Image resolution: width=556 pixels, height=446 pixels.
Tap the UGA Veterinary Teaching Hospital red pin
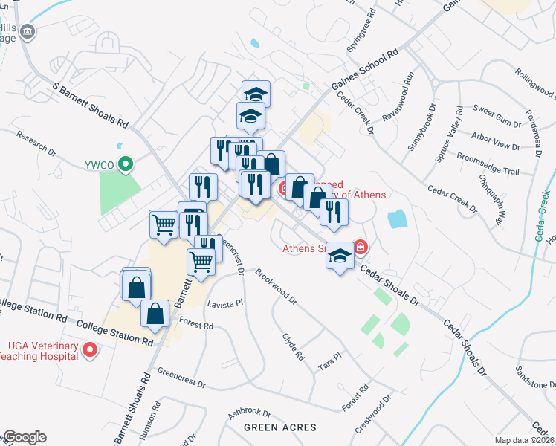click(x=90, y=349)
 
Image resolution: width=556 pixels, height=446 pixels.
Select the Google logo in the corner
click(x=25, y=437)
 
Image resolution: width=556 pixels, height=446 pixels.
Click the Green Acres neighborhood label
click(x=279, y=427)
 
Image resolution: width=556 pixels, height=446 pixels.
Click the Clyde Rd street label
click(x=294, y=346)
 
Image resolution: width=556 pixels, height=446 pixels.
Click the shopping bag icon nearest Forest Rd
click(x=155, y=314)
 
